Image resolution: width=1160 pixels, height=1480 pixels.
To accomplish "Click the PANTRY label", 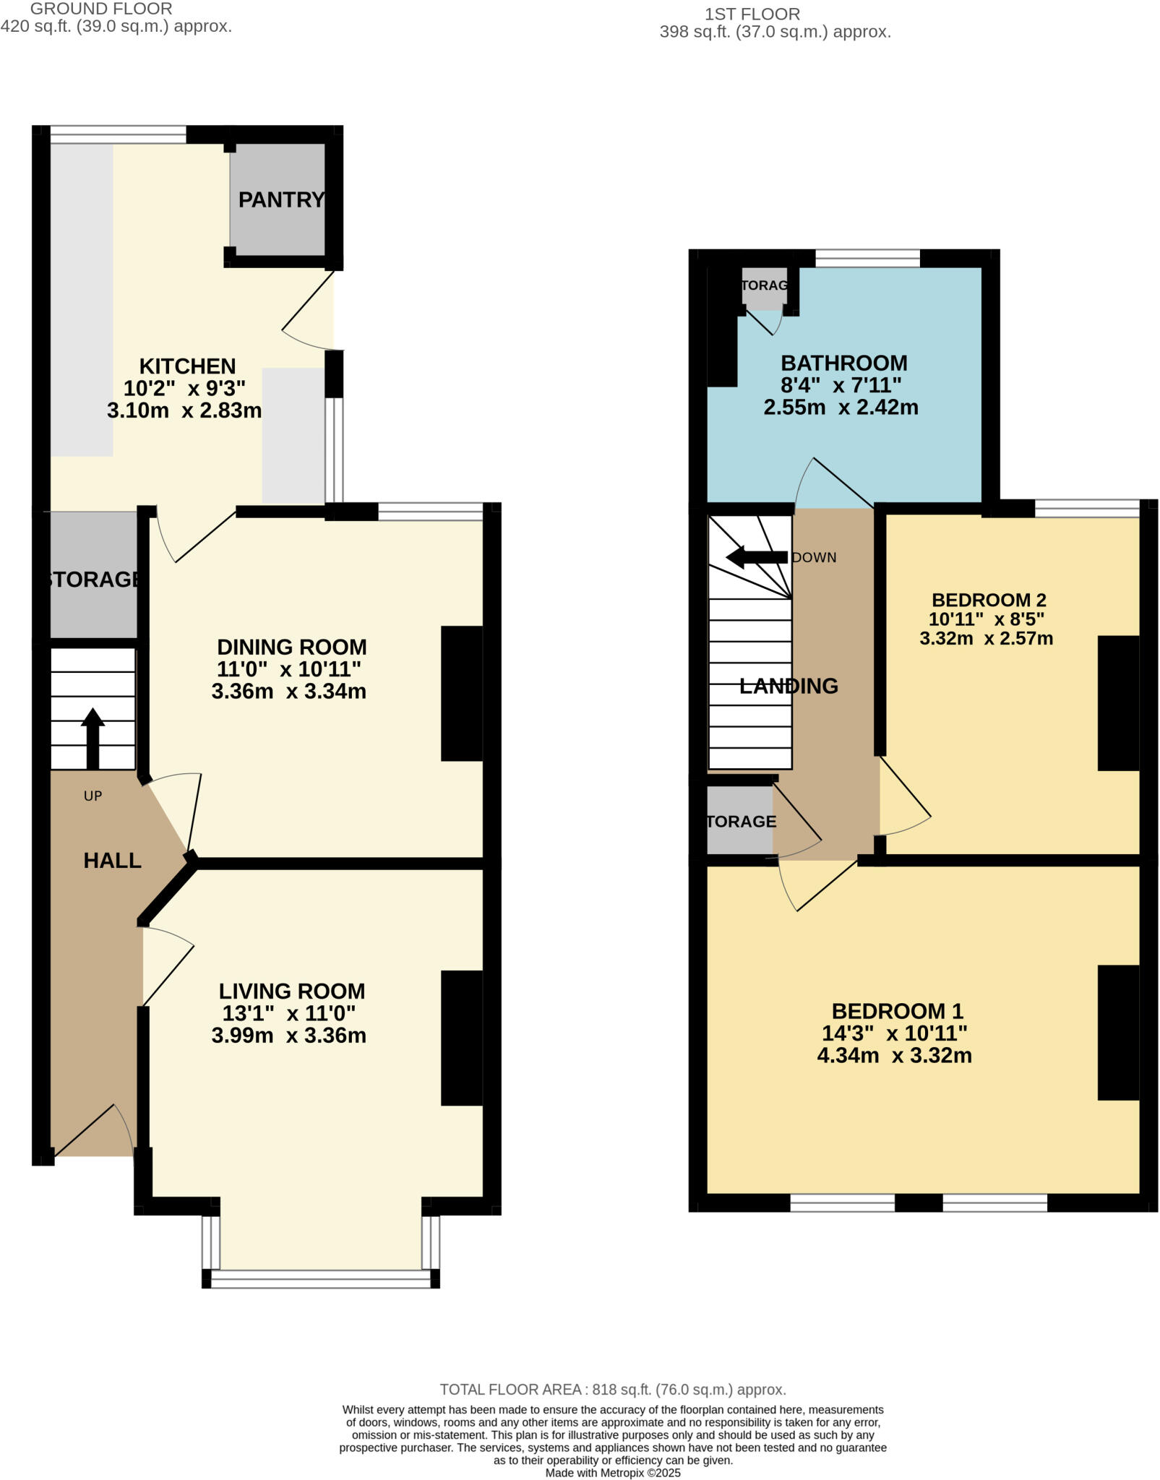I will (281, 199).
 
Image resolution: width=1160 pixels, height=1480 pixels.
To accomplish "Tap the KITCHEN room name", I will (187, 366).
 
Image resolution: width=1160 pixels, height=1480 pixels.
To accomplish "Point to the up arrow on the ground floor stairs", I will (93, 736).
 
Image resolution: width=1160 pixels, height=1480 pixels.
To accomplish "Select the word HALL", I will (112, 861).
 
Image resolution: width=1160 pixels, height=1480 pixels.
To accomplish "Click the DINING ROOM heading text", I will (292, 647).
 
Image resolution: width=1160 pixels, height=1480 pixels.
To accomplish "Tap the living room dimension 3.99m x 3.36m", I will (289, 1036).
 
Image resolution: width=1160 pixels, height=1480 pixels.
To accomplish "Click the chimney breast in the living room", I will (462, 1038).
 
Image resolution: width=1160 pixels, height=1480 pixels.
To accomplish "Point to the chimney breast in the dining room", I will (462, 693).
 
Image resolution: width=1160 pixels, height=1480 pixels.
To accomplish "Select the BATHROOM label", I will (843, 363).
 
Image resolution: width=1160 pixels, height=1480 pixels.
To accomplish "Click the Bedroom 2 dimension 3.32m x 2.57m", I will (986, 639).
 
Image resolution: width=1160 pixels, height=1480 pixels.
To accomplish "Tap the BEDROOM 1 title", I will (898, 1011).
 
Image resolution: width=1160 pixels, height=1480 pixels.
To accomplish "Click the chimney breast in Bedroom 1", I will (1118, 1033).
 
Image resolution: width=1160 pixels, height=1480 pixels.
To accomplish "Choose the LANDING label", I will (789, 686).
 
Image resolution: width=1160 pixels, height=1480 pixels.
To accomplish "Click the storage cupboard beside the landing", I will (740, 821).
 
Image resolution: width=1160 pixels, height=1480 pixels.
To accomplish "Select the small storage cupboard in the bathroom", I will (764, 287).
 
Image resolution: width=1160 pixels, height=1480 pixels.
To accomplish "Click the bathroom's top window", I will (867, 258).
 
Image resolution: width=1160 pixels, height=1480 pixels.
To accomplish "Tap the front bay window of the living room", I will (321, 1278).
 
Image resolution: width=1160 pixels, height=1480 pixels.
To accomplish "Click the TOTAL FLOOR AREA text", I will (613, 1390).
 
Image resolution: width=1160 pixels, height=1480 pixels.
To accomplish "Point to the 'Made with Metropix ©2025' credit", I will (613, 1473).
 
